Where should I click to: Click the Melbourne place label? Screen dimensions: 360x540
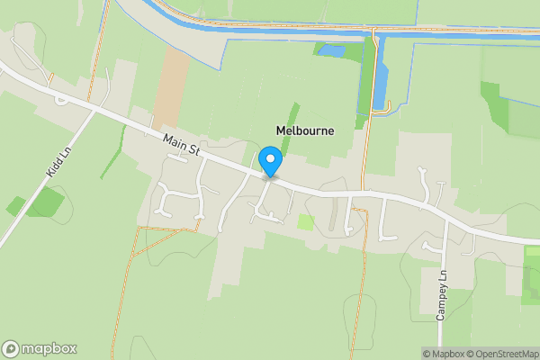coord(303,130)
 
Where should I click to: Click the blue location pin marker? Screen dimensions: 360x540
coord(270,162)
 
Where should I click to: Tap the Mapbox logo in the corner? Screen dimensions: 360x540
coord(40,348)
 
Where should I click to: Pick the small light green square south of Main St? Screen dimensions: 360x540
coord(306,221)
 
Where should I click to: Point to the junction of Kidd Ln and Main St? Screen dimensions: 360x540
coord(95,111)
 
